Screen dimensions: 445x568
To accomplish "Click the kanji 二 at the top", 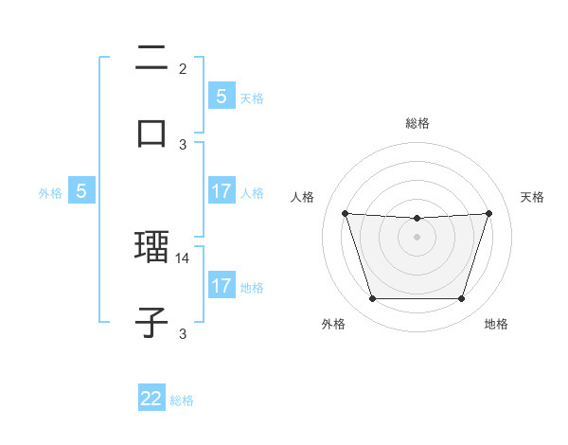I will pos(151,60).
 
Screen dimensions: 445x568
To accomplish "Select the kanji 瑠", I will pos(151,249).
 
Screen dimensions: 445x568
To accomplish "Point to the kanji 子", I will pos(151,322).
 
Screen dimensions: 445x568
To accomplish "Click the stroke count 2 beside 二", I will pos(183,68).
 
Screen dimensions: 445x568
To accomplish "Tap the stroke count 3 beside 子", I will pos(183,332).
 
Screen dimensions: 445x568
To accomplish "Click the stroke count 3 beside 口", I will pos(183,144).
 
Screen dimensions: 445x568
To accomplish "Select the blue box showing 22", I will pos(151,399).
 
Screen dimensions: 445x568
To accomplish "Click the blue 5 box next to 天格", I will pos(221,96).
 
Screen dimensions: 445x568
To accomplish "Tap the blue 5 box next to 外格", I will pos(81,191).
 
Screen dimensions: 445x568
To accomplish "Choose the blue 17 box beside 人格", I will pos(221,191).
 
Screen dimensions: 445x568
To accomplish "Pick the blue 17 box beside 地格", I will pos(221,286).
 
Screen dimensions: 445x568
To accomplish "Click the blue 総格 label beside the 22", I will pos(182,400).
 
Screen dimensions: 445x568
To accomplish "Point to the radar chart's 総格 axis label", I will pos(417,123).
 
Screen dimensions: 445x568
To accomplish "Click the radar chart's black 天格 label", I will pos(533,197).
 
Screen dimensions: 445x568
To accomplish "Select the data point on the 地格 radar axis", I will pos(461,299).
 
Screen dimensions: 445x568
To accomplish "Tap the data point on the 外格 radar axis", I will pos(372,299).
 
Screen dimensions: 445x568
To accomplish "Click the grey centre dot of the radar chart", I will pos(417,237).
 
